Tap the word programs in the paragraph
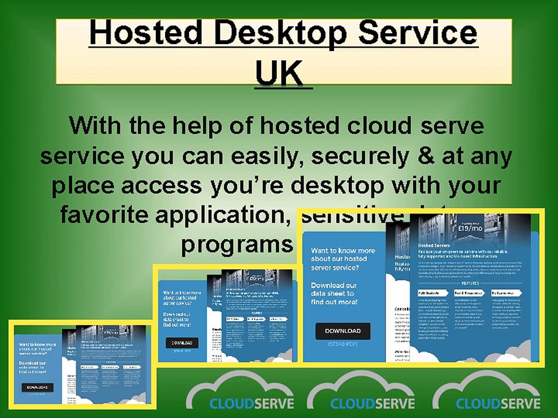[235, 244]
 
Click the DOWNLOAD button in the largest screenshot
[342, 331]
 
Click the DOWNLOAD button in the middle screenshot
[182, 343]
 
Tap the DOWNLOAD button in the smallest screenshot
[37, 387]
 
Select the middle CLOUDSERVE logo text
[372, 403]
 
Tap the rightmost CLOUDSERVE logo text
[498, 403]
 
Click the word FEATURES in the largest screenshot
[470, 283]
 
